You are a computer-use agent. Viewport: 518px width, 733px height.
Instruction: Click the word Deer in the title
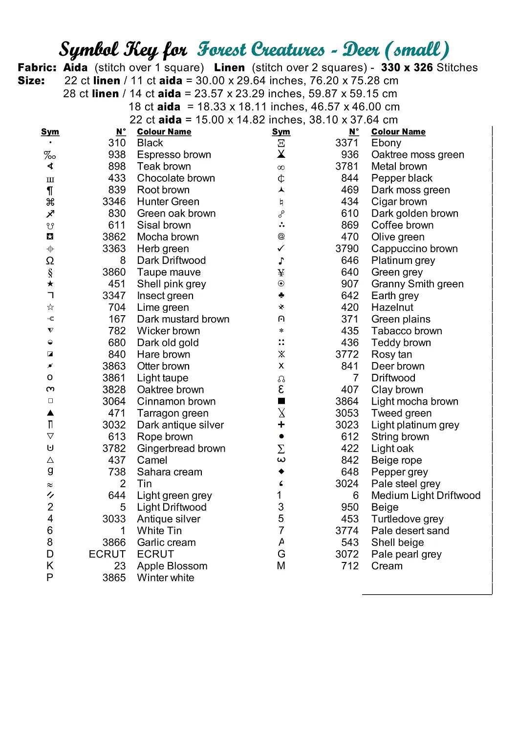tap(361, 50)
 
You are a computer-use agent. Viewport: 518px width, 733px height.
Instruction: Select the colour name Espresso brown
tap(174, 155)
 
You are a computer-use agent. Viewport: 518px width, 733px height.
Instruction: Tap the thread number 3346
tap(114, 202)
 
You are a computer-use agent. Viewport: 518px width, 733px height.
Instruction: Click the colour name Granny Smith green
tap(417, 284)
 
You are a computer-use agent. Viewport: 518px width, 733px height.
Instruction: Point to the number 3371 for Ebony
tap(346, 143)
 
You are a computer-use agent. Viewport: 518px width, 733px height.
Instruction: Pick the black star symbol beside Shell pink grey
tap(50, 284)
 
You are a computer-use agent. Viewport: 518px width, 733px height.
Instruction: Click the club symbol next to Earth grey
tap(281, 296)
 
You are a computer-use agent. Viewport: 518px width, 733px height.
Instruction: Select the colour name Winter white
tap(166, 578)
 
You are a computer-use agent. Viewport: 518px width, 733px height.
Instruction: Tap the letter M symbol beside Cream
tap(281, 566)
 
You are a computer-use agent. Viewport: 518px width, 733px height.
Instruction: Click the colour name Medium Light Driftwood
tap(426, 496)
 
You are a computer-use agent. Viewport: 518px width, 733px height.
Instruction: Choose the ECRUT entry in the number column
tap(107, 554)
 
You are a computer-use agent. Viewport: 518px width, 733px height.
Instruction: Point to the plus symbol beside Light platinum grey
tap(281, 425)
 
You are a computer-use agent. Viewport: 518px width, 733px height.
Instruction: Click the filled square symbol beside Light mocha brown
tap(281, 401)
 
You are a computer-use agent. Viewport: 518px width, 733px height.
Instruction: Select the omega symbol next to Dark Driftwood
tap(50, 260)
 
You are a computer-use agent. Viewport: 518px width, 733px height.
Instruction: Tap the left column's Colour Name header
tap(164, 132)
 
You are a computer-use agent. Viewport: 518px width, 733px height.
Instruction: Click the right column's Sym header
tap(281, 132)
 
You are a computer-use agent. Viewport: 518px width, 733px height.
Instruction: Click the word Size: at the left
tap(31, 81)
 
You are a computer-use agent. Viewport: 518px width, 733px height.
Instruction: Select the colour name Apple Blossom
tap(172, 566)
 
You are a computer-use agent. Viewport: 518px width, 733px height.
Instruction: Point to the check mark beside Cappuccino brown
tap(281, 249)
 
